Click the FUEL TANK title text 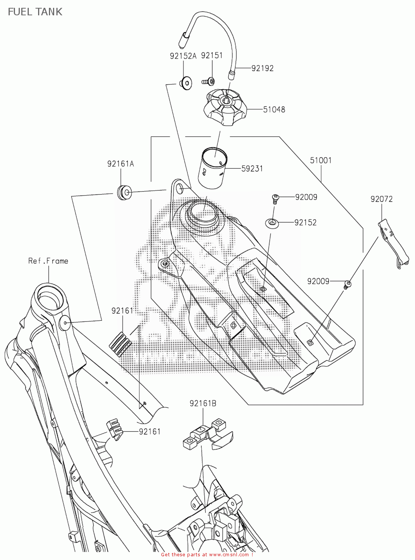coord(35,12)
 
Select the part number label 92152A coord(183,56)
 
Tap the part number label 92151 coord(211,55)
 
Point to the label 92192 coord(262,68)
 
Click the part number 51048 coord(274,109)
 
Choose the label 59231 coord(252,169)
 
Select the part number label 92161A coord(120,164)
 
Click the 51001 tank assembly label coord(320,161)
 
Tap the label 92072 coord(381,199)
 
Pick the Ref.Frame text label coord(48,261)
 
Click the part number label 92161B coord(203,403)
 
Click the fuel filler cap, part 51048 coord(224,106)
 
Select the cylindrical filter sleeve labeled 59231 coord(213,168)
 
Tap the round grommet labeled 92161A coord(123,192)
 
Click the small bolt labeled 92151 coord(208,81)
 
